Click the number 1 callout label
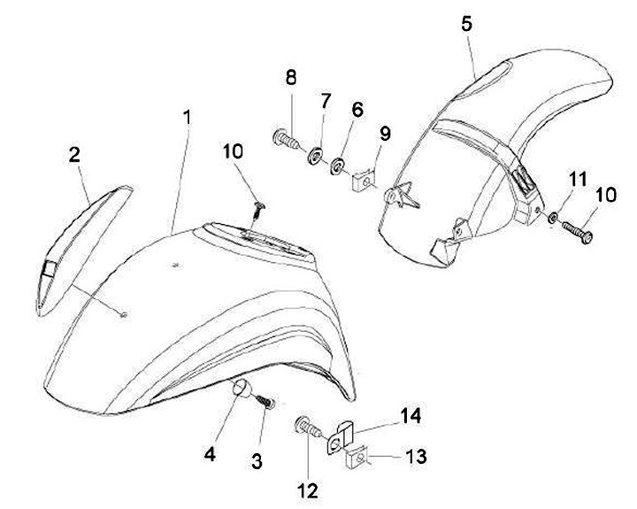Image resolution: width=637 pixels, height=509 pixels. tap(187, 116)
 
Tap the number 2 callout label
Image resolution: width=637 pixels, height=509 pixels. tap(74, 155)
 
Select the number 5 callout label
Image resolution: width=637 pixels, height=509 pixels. tap(467, 24)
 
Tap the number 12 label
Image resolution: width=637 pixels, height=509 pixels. tap(307, 489)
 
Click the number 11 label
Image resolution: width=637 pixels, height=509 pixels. tap(577, 180)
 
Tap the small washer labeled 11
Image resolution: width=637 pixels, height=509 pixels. tap(552, 217)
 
